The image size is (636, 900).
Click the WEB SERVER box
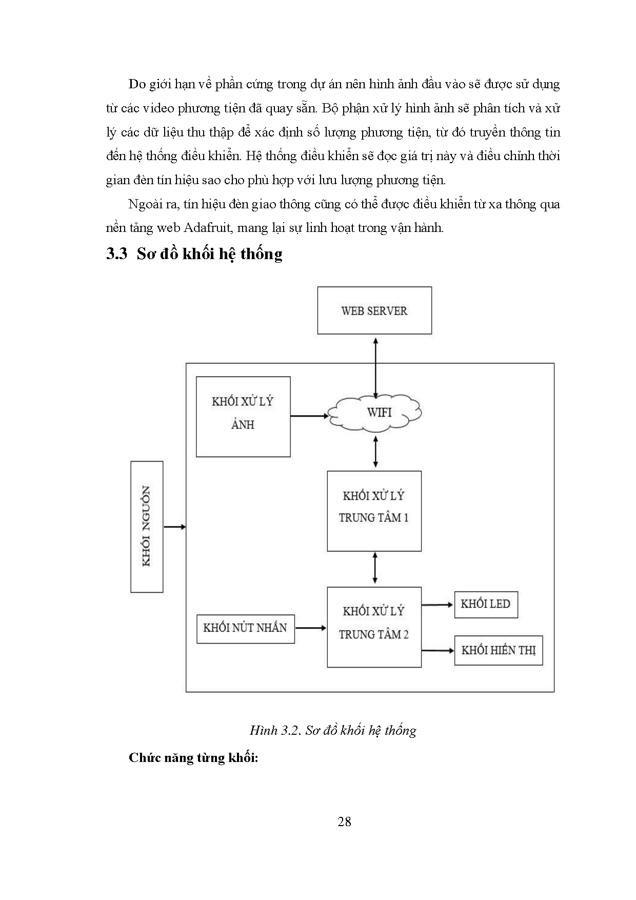374,310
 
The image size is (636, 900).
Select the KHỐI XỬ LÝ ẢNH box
243,417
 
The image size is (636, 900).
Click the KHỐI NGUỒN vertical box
147,526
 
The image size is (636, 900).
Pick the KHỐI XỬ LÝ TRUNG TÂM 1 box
374,511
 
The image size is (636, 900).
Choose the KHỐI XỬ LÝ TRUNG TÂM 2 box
374,627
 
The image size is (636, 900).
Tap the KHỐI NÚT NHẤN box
245,629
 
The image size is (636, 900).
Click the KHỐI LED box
486,604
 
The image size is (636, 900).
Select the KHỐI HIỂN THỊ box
498,651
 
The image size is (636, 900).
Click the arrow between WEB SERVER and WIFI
376,366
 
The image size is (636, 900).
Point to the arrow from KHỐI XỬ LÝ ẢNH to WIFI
309,416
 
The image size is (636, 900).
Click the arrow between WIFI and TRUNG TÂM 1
376,451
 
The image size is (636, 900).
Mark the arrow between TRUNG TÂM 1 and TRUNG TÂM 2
375,568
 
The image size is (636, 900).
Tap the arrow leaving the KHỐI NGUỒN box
174,526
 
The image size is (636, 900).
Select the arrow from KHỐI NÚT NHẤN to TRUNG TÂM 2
311,628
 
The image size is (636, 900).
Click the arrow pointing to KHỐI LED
438,605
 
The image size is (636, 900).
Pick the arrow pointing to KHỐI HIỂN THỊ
438,651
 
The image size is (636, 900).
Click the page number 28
344,821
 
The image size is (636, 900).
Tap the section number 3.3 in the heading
116,254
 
